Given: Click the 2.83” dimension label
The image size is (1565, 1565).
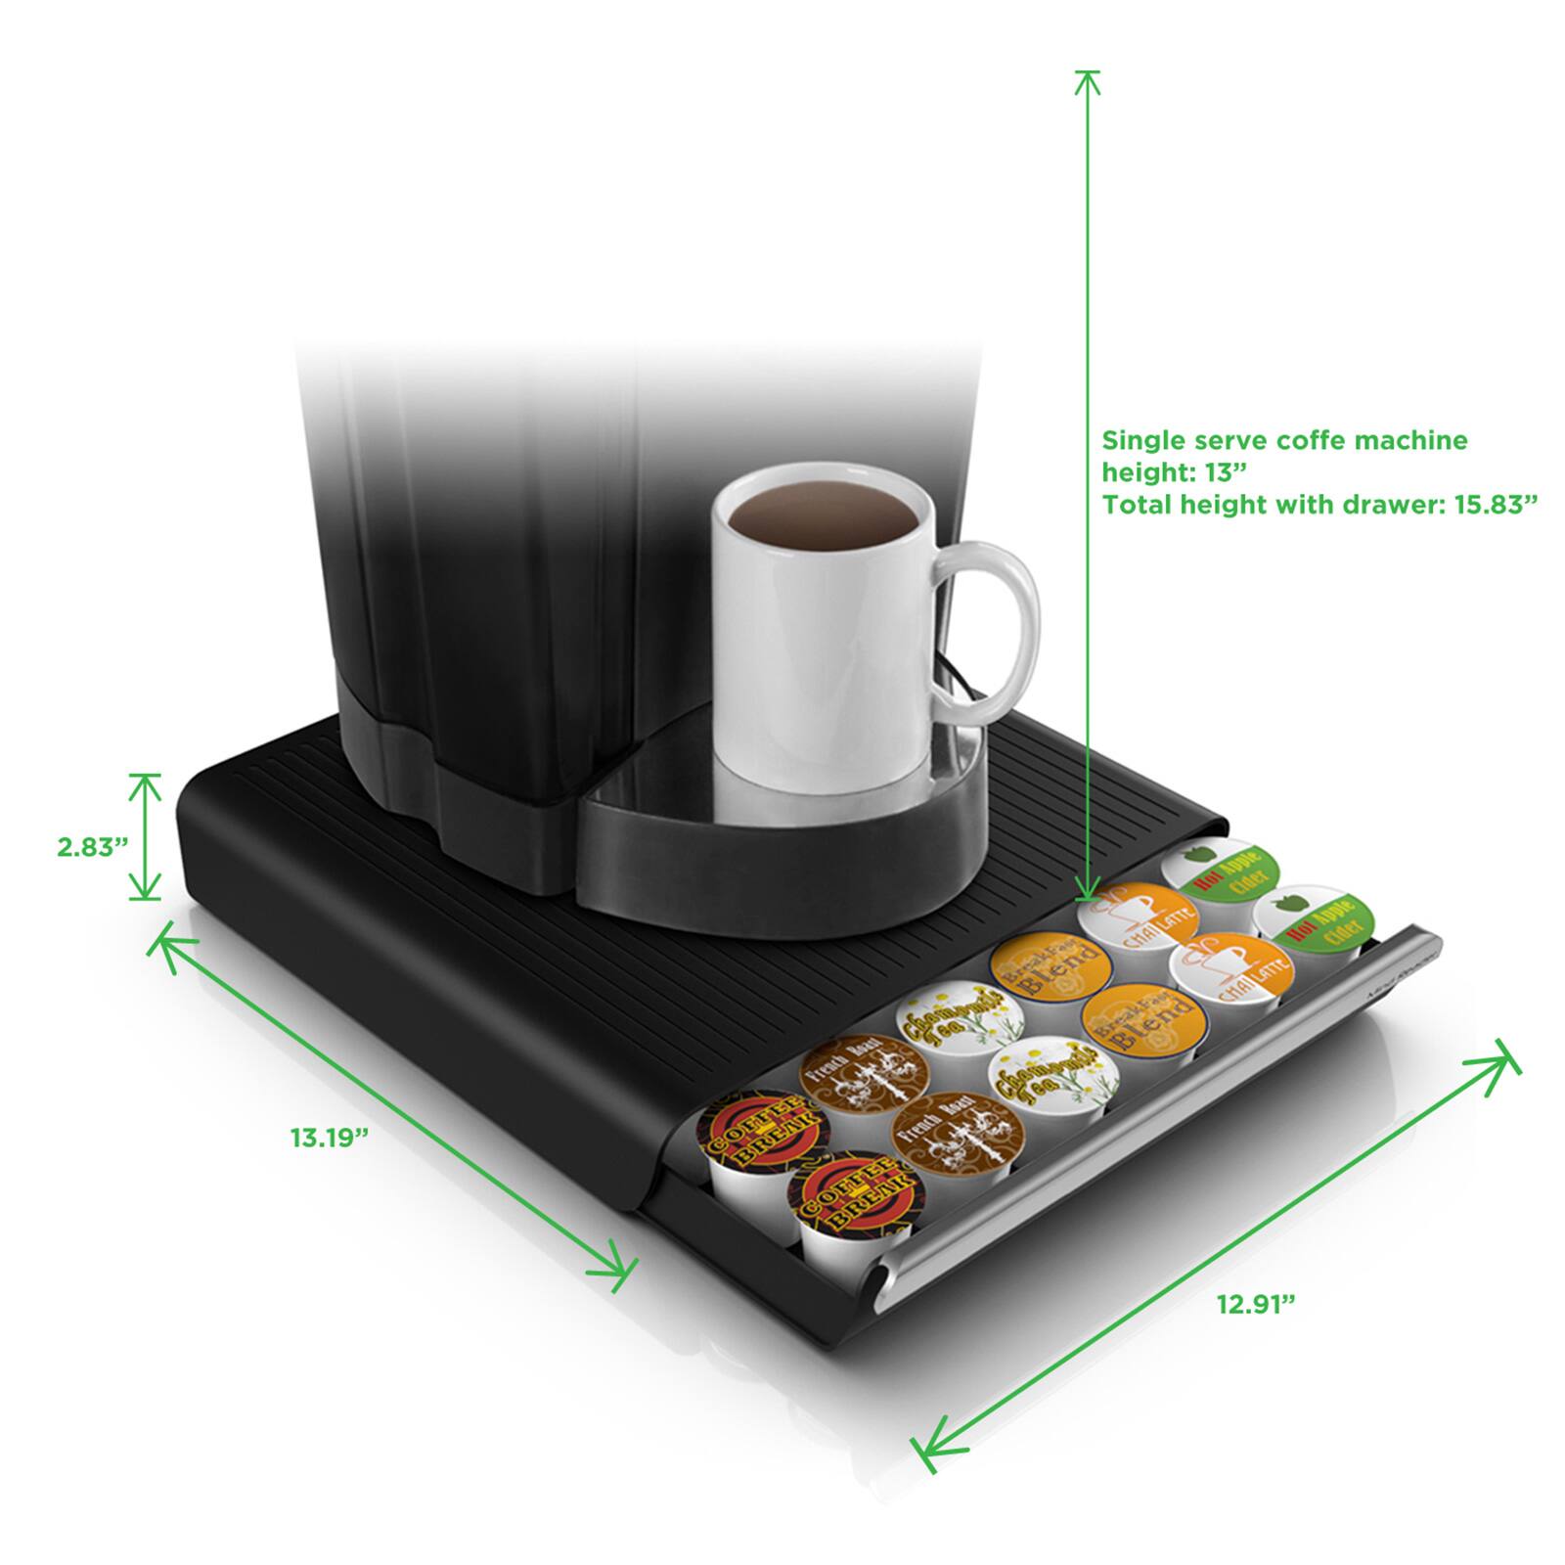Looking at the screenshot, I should pyautogui.click(x=93, y=846).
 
